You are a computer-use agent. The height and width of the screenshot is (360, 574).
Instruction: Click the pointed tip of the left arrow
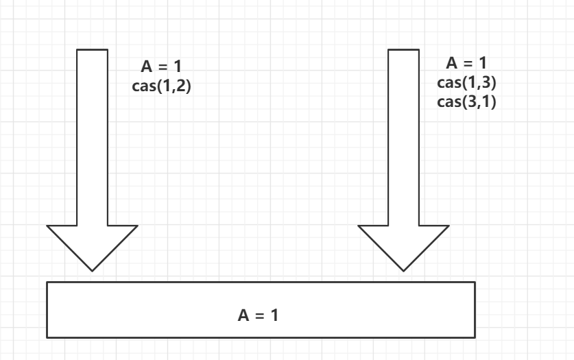[x=92, y=269]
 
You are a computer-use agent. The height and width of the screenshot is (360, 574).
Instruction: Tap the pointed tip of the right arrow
[x=404, y=269]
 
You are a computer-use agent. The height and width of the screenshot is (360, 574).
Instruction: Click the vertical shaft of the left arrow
[x=92, y=137]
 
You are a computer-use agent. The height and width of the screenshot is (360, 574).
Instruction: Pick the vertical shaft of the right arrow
[x=404, y=137]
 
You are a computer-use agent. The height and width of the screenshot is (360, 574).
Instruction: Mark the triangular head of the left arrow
[x=92, y=243]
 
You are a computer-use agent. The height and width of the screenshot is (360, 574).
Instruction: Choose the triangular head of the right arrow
[x=404, y=243]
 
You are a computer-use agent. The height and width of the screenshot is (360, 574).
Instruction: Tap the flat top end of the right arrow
[x=404, y=50]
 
